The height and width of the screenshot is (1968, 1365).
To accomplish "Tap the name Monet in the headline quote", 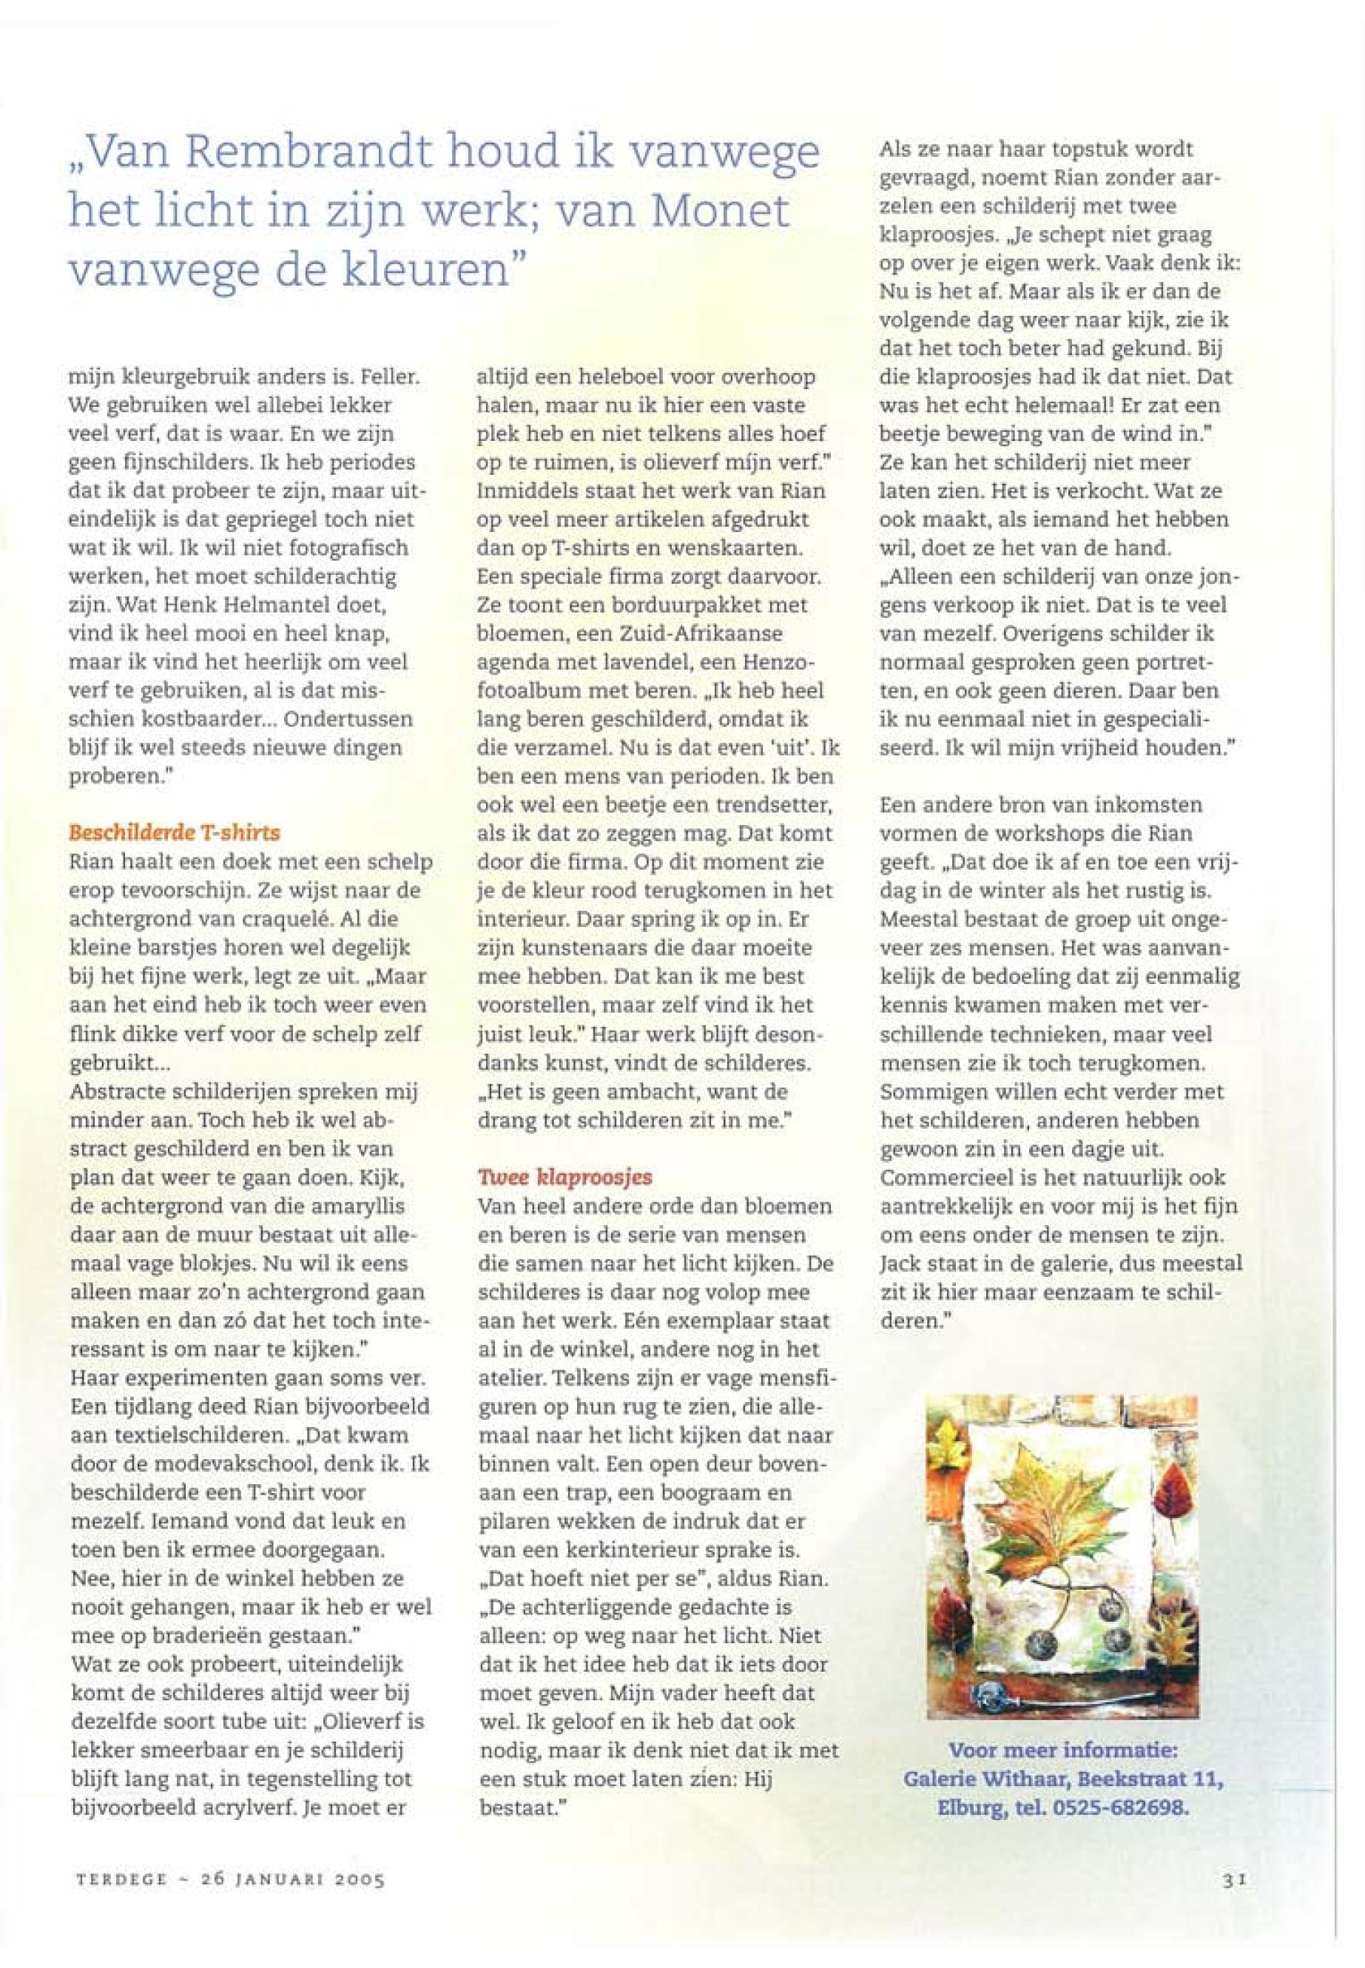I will pos(719,212).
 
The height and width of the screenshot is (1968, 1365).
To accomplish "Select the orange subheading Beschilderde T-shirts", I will pos(174,832).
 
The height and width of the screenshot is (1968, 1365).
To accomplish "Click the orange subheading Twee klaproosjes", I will pos(565,1177).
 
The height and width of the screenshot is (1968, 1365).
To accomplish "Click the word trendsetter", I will pos(777,805).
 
